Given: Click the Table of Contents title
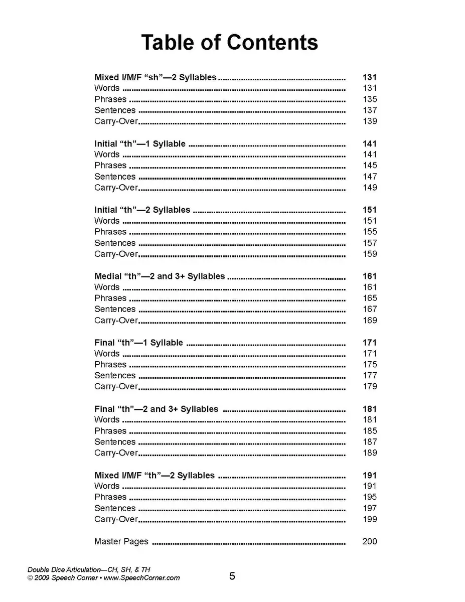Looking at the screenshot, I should tap(229, 43).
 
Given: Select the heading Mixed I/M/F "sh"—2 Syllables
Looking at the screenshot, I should tap(156, 77).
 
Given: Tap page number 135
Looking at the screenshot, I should tap(370, 99).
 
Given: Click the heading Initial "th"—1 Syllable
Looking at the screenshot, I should tap(140, 144).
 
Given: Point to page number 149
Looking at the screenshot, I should tap(370, 188).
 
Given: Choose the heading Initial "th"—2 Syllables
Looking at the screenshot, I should tap(142, 210).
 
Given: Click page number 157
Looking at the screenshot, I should tap(370, 243).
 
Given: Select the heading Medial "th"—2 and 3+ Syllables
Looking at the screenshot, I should tap(160, 276).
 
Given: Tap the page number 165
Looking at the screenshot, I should tap(370, 298).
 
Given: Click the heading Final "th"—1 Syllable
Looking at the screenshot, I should tap(138, 343).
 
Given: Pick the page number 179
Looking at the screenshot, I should tap(370, 386).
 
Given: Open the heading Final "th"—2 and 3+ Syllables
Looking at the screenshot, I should tap(157, 409).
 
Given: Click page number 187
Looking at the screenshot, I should tap(370, 442).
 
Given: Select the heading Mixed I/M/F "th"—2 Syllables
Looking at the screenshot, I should tap(154, 476).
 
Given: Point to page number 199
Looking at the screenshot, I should tap(370, 519).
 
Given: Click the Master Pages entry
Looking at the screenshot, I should tap(121, 541).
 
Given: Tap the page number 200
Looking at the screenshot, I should tap(370, 541).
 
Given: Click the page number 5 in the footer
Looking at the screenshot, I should tap(232, 576).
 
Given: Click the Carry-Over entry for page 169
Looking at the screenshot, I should tap(116, 320).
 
